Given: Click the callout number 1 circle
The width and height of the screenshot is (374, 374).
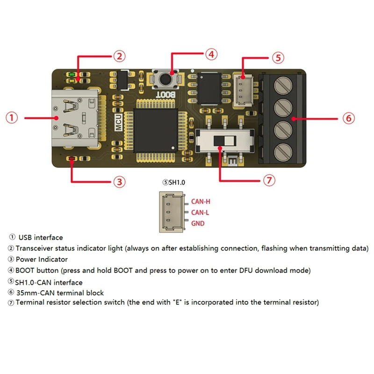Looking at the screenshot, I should (12, 118).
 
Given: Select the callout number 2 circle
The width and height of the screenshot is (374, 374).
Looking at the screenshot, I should (119, 57).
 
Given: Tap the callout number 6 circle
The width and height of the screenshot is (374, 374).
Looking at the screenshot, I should (348, 118).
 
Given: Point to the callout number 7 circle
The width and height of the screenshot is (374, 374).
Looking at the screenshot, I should (268, 180).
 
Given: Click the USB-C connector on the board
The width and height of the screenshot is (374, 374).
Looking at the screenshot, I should (77, 118).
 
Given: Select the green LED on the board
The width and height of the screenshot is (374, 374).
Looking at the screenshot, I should (70, 74).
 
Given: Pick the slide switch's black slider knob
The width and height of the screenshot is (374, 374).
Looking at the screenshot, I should (219, 140).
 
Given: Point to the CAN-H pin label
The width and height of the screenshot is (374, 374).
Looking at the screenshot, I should (201, 202).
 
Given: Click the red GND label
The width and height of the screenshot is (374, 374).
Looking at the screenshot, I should (198, 223).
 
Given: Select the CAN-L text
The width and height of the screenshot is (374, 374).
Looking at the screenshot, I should (200, 213).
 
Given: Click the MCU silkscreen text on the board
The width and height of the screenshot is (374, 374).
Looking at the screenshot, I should (118, 123).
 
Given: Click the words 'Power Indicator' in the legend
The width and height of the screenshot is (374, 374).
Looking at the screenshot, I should (42, 259).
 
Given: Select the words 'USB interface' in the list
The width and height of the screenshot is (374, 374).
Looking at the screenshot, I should (41, 237).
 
